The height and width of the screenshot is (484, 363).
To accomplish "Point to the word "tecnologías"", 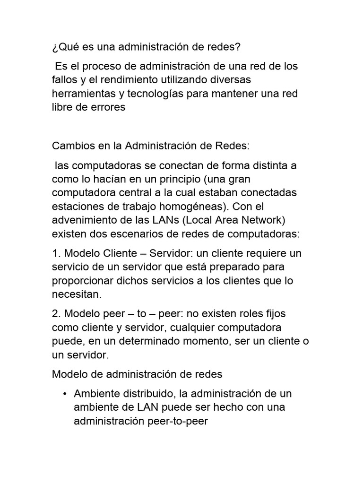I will coord(156,93).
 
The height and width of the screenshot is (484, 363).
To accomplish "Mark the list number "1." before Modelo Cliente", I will coord(57,253).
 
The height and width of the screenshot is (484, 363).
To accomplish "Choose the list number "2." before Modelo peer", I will coord(57,313).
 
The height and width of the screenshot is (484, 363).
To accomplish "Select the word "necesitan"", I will coord(76,294).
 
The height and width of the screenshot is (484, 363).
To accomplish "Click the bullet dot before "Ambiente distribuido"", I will coord(64,394).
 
